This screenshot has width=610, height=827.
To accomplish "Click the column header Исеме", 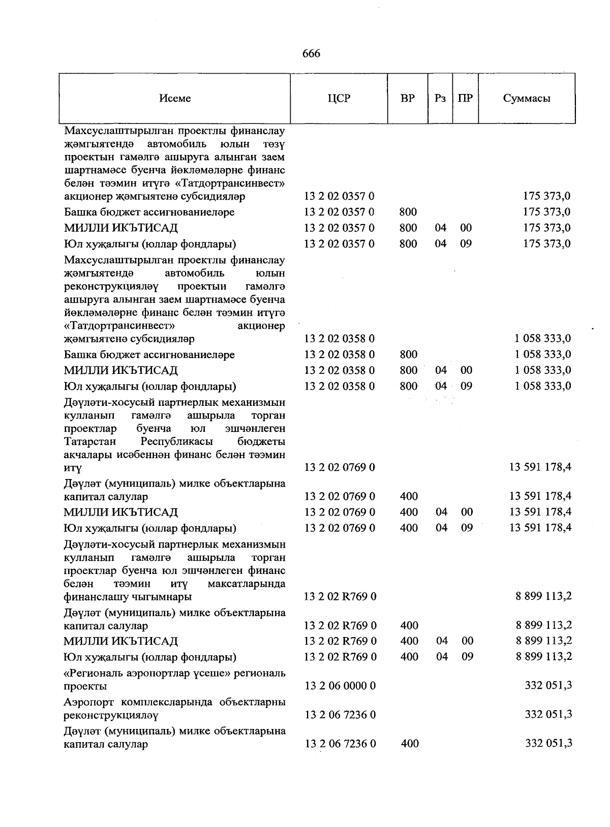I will (x=175, y=99).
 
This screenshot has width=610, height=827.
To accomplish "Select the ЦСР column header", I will (x=339, y=99).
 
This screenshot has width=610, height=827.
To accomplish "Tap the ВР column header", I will (x=407, y=99).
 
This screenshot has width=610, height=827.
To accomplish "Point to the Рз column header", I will (x=440, y=99).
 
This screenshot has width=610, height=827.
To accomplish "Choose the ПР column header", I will (x=465, y=99).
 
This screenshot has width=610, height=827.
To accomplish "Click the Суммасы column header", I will (x=526, y=99).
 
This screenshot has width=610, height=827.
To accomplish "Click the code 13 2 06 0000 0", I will (x=340, y=686).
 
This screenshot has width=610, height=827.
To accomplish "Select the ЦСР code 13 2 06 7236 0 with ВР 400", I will (x=340, y=744).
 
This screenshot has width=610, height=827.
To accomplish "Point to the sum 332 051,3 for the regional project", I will (x=548, y=686).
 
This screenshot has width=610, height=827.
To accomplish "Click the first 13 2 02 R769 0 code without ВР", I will (x=340, y=596).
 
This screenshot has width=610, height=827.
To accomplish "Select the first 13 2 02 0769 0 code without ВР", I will (x=339, y=467).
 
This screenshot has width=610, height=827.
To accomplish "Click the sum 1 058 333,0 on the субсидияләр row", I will (x=542, y=338).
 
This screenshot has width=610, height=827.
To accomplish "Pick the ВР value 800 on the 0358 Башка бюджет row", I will (x=408, y=355).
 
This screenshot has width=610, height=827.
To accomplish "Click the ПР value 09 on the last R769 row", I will (x=467, y=657).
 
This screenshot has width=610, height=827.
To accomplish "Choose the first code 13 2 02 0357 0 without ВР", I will (x=339, y=196).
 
